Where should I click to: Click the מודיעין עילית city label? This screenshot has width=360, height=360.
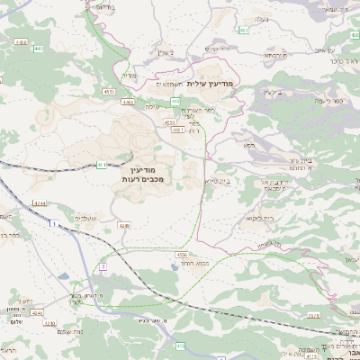click(x=211, y=84)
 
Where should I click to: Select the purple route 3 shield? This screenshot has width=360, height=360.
click(x=103, y=266)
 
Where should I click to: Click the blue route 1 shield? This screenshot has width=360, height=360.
click(x=55, y=222)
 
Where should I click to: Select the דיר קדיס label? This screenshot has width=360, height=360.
click(x=219, y=48)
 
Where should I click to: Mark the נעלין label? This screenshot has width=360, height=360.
click(x=261, y=17)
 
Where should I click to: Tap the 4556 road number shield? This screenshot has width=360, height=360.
click(x=171, y=255)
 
